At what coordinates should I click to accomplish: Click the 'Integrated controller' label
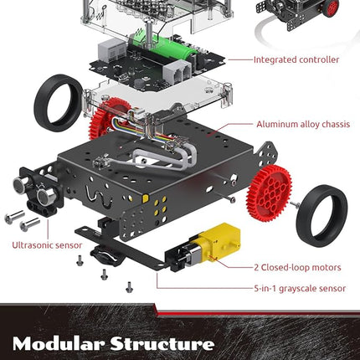click(296, 59)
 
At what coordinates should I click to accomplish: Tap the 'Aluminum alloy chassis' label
click(303, 124)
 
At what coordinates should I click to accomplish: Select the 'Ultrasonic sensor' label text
click(47, 245)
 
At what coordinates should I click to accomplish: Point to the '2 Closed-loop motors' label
click(297, 267)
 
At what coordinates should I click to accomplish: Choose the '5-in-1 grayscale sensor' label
click(300, 288)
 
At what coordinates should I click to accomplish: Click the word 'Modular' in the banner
click(59, 343)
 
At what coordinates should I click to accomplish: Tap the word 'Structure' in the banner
click(162, 343)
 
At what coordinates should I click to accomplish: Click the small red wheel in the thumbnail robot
click(332, 8)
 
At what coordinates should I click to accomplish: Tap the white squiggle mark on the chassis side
click(99, 196)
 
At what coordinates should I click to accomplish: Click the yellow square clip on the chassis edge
click(146, 198)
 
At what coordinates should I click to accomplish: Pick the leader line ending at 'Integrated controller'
click(240, 59)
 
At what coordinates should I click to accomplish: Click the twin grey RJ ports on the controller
click(177, 72)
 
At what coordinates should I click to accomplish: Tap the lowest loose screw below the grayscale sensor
click(129, 287)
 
